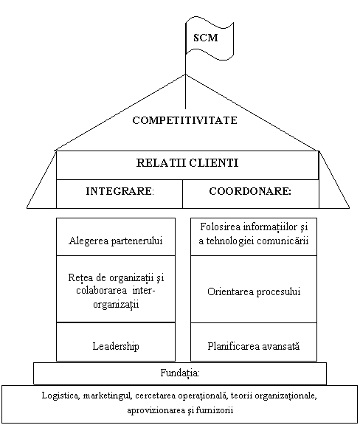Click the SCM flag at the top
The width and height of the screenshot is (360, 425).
pyautogui.click(x=210, y=38)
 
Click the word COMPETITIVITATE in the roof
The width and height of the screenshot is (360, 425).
pyautogui.click(x=185, y=120)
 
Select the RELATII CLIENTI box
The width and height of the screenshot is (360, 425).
pyautogui.click(x=187, y=165)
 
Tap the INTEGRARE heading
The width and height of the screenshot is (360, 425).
pyautogui.click(x=120, y=191)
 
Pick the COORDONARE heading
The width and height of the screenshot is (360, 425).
pyautogui.click(x=250, y=191)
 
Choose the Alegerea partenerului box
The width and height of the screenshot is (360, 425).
pyautogui.click(x=116, y=237)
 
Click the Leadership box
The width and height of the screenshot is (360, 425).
pyautogui.click(x=116, y=342)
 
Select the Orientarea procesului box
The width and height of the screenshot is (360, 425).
pyautogui.click(x=254, y=289)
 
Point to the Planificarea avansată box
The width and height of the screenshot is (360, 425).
pyautogui.click(x=254, y=342)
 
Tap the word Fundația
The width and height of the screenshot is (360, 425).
pyautogui.click(x=180, y=373)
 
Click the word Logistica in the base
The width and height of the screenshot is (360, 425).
pyautogui.click(x=60, y=395)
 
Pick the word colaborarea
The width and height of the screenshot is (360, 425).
pyautogui.click(x=101, y=290)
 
